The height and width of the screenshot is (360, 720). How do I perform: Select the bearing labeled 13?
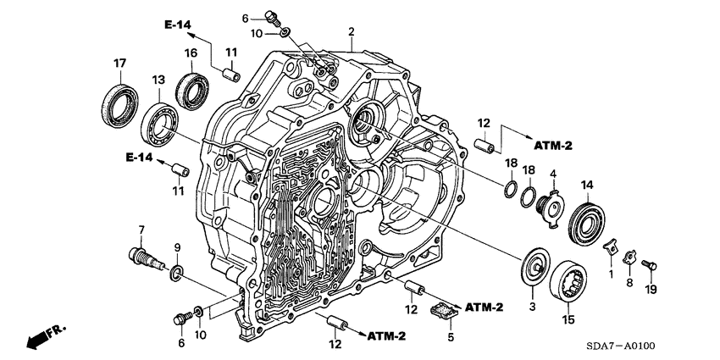(x=159, y=120)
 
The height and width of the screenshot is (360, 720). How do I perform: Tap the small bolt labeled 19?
(x=649, y=265)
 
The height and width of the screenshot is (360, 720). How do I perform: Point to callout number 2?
(x=351, y=32)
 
